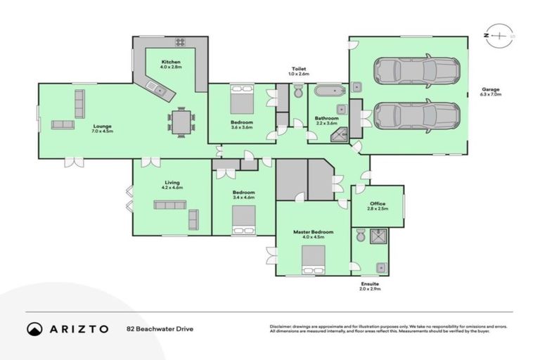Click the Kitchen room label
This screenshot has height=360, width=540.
[171, 63]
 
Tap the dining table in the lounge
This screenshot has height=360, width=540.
[181, 122]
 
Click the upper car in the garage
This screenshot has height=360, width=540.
[416, 70]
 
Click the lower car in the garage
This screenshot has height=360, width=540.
[416, 116]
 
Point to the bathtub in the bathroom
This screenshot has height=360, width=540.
[328, 91]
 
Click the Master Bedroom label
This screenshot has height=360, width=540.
[314, 231]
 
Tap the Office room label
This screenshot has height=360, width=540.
[377, 204]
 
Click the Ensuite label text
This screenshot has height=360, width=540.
[369, 284]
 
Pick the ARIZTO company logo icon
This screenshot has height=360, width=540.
[35, 328]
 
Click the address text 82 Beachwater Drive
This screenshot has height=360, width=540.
[160, 328]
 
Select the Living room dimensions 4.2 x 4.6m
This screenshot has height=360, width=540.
[172, 188]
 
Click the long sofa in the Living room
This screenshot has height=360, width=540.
[170, 205]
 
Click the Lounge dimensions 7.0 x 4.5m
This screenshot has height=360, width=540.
[101, 131]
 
